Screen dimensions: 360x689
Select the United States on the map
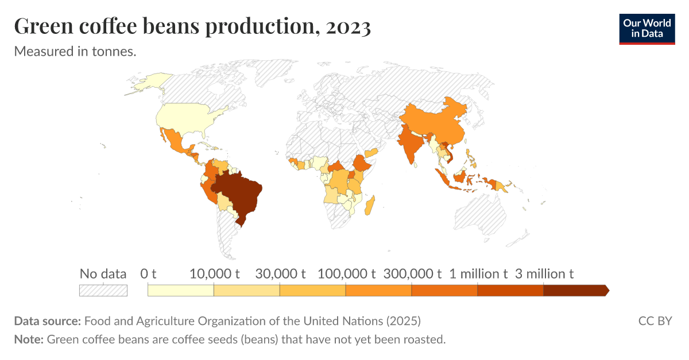tap(184, 118)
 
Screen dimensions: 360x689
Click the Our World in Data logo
tap(647, 29)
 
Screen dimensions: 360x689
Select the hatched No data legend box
tap(103, 291)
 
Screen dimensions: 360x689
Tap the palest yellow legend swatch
tap(181, 291)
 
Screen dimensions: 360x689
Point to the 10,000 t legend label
tap(214, 274)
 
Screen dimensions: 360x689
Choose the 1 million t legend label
tap(478, 274)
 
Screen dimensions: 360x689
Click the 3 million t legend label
tap(544, 274)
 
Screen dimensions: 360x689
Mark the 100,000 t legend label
tap(346, 274)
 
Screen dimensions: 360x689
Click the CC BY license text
tap(655, 320)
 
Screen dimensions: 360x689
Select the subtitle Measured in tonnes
tap(75, 51)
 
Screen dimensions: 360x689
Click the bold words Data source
tap(48, 320)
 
